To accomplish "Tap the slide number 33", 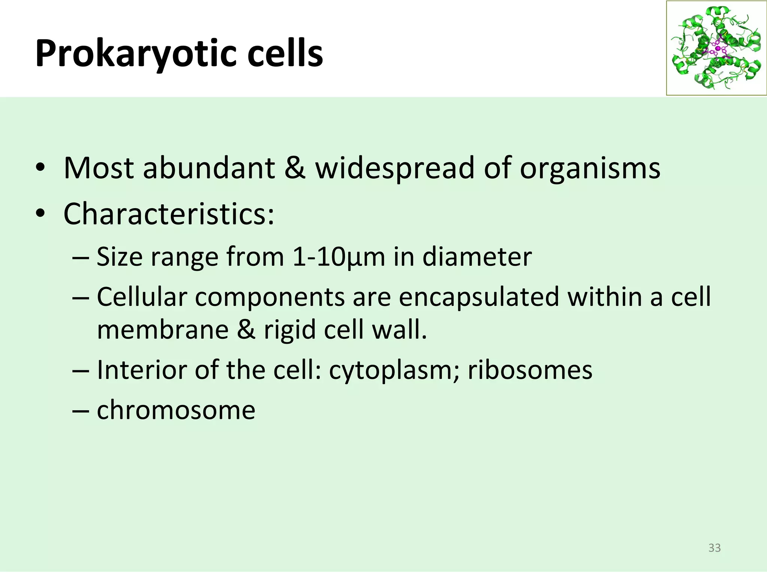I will coord(715,548).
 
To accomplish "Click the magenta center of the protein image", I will coord(718,49).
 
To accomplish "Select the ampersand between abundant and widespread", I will coord(295,168).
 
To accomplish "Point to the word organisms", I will coord(590,168).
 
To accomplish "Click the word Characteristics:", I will coord(169,214).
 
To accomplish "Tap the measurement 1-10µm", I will coord(339,257).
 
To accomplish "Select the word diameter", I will coord(477,257).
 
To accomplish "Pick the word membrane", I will coord(163,329).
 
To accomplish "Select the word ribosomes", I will coord(530,370).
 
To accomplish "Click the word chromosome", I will coord(176,410).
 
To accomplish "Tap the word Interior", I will coord(141,370).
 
